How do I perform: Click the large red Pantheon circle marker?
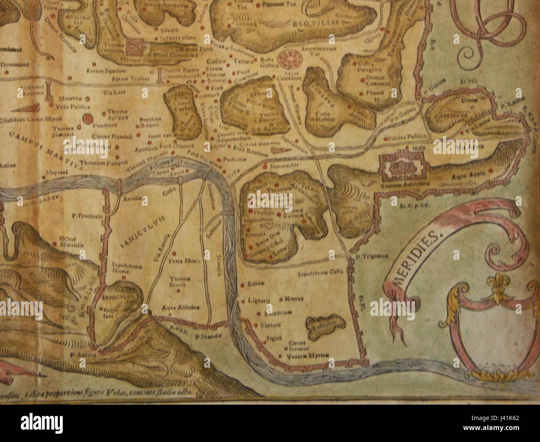click(87, 120)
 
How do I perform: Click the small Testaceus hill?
click(326, 323)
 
